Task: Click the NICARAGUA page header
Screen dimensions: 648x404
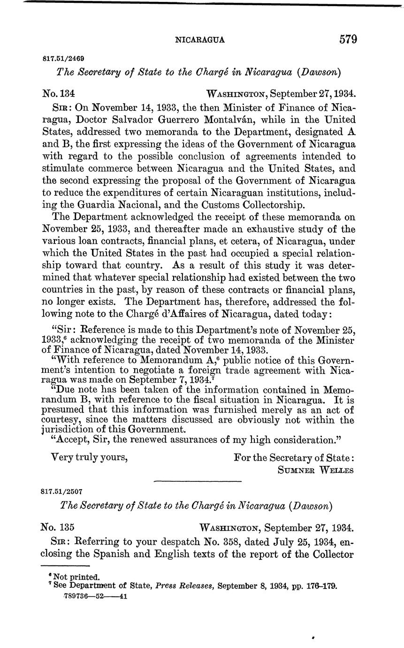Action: pos(199,40)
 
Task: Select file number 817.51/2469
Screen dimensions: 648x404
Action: pos(63,59)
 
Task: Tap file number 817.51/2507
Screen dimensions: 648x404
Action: pos(62,492)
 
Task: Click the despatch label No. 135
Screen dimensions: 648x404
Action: pos(59,527)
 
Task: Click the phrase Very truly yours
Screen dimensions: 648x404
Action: pos(89,456)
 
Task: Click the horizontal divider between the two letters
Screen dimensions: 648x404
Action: pos(198,481)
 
